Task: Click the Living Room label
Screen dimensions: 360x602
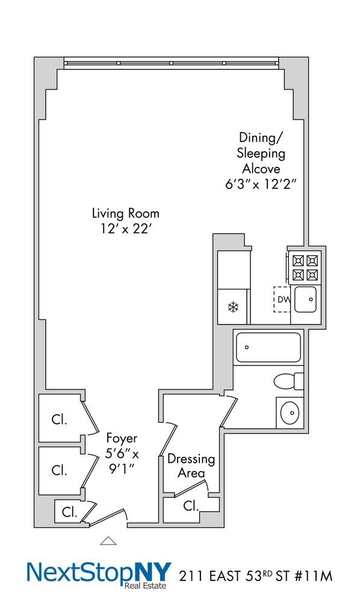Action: [125, 214]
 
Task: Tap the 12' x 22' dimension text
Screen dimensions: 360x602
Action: [125, 229]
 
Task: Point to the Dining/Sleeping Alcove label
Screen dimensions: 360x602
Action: [261, 153]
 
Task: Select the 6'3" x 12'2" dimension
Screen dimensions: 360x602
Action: [261, 184]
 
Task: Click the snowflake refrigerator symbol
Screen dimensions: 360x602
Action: [233, 307]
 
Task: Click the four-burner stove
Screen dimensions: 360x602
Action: [305, 267]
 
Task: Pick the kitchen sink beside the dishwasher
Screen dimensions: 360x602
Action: [305, 299]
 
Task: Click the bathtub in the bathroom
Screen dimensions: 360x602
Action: [268, 347]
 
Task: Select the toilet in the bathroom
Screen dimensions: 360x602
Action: [288, 381]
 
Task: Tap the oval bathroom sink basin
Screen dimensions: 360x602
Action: [290, 413]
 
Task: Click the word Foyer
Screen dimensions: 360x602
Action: [122, 438]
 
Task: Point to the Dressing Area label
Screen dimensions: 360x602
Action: [191, 466]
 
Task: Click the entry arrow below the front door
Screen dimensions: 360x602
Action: [108, 541]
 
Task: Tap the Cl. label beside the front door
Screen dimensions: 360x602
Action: [69, 512]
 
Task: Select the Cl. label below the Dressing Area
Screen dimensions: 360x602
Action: [191, 506]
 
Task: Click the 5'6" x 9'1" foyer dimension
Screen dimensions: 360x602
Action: [122, 462]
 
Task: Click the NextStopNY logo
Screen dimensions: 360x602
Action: [99, 574]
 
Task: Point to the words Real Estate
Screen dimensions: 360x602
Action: [145, 586]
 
